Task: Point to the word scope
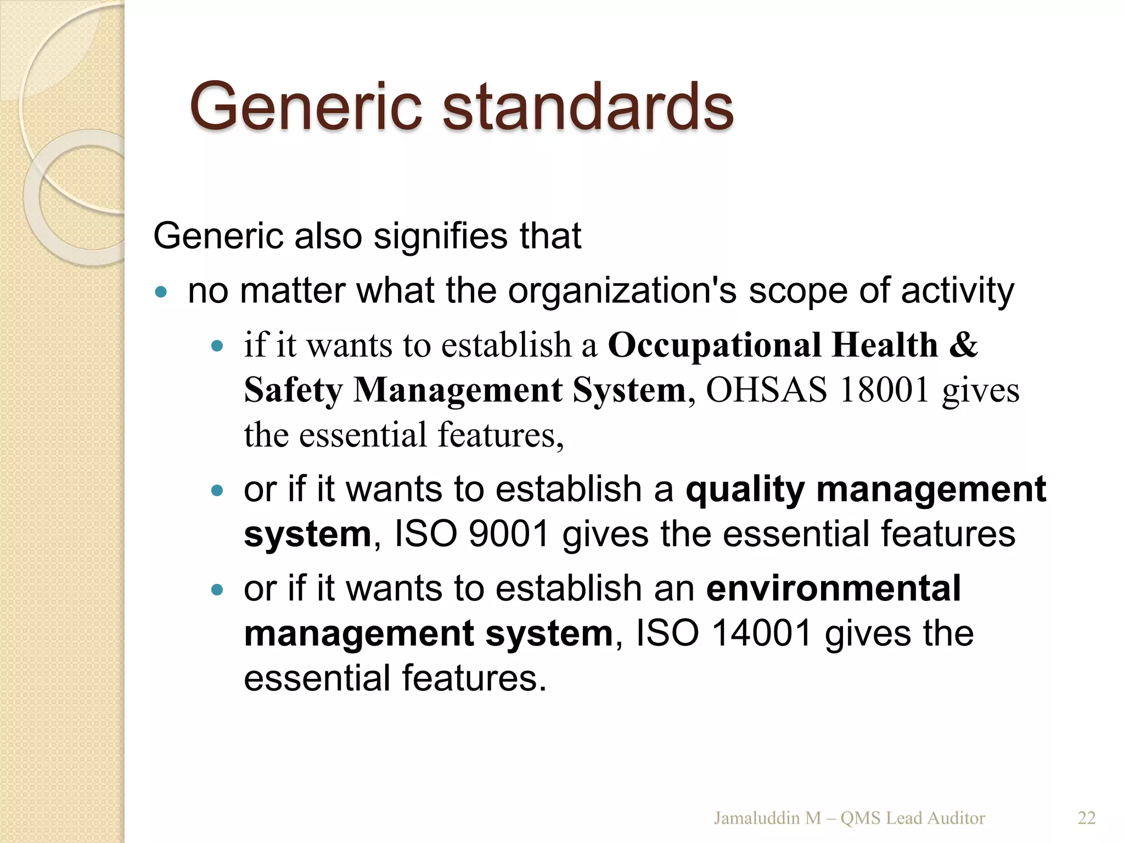point(799,291)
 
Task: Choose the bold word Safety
point(293,390)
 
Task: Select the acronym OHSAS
point(766,390)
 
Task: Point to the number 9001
point(509,534)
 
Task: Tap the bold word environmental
point(834,588)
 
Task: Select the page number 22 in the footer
point(1087,818)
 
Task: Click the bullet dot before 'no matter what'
point(161,291)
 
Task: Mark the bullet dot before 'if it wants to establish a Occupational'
point(218,346)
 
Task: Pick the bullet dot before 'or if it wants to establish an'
point(218,590)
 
